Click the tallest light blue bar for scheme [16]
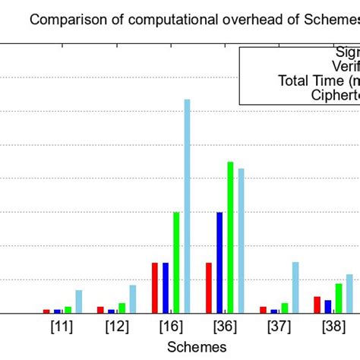coord(187,205)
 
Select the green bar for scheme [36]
coord(230,236)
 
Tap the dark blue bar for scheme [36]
coord(219,262)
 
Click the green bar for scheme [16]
coord(176,262)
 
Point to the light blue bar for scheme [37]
coord(295,287)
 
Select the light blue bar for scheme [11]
coord(78,301)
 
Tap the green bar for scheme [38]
coord(339,298)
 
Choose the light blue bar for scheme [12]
coord(133,298)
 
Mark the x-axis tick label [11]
coord(62,327)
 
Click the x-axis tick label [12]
coord(116,327)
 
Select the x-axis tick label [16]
coord(171,327)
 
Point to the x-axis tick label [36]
coord(225,327)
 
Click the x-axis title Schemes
coord(198,346)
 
